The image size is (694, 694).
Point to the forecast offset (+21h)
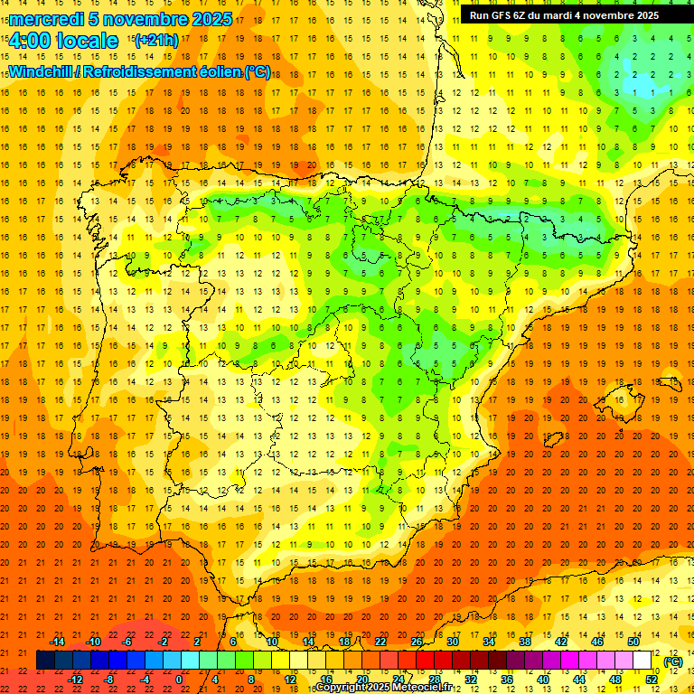click(x=156, y=41)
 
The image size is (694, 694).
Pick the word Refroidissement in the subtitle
click(x=141, y=71)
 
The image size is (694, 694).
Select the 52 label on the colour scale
click(x=652, y=680)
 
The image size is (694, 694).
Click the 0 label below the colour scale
click(x=180, y=680)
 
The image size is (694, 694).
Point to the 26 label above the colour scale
click(x=416, y=642)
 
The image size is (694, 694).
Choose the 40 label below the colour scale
click(x=542, y=680)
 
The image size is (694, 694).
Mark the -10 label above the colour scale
click(x=92, y=642)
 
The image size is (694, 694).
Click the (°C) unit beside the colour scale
click(x=672, y=661)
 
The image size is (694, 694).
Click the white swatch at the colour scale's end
click(x=642, y=661)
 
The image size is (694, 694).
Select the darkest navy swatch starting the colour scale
click(x=45, y=661)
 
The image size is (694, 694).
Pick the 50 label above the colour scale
click(x=633, y=642)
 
